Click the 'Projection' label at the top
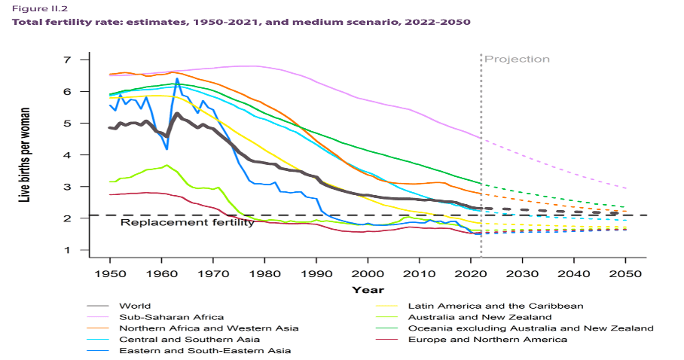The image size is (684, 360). [517, 59]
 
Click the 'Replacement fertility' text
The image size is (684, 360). [187, 223]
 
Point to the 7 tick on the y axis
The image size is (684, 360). [66, 59]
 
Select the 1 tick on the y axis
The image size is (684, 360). [66, 250]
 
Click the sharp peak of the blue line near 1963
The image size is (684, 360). [177, 78]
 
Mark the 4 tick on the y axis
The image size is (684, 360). [66, 155]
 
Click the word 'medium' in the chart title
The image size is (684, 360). [325, 22]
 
